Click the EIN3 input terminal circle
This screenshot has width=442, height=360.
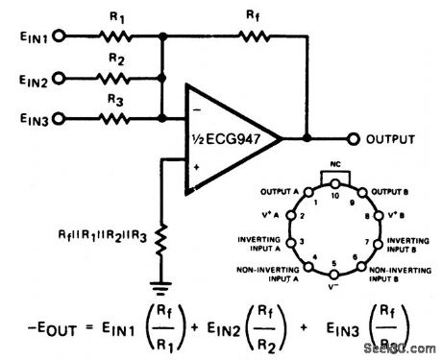(x=61, y=118)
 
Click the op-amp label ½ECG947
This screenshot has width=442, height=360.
(x=228, y=139)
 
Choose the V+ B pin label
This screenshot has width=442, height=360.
(x=398, y=215)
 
